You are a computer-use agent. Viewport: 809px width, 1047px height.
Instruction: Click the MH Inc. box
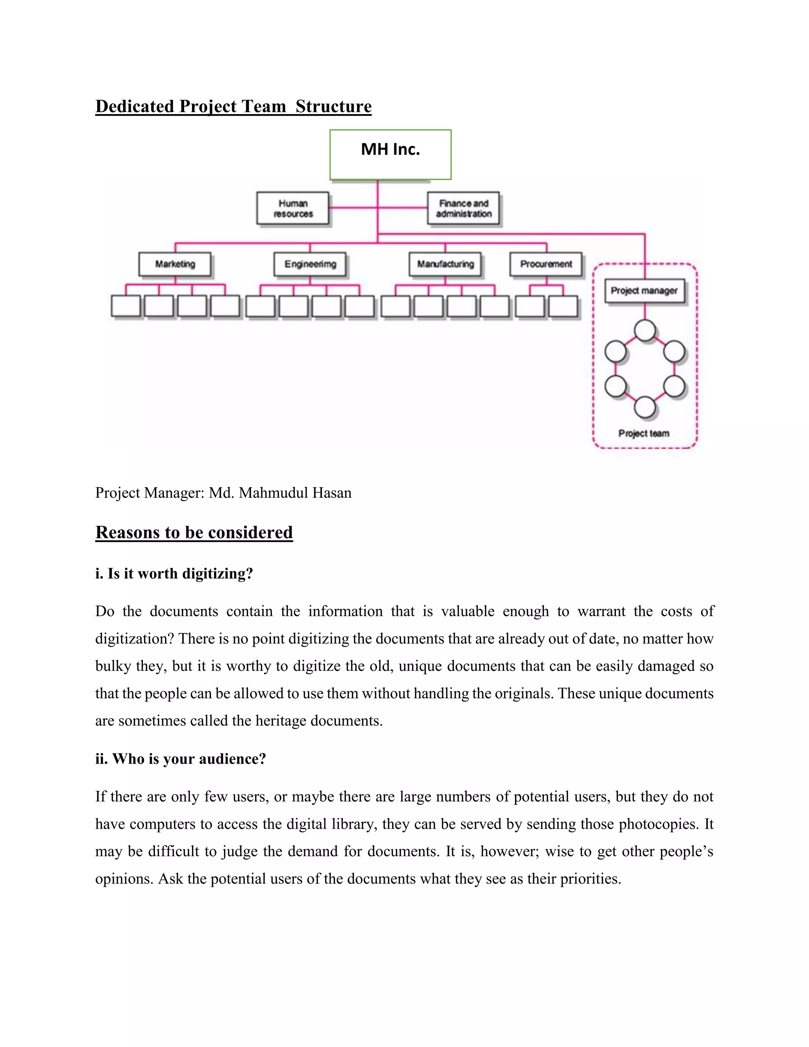point(390,154)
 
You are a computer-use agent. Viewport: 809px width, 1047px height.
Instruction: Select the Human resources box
point(293,209)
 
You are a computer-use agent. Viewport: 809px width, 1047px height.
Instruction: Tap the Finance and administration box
point(463,209)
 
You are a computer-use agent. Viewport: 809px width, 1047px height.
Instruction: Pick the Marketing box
point(175,264)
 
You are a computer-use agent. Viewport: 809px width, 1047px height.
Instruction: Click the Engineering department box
point(310,264)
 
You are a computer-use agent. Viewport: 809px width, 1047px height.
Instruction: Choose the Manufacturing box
point(445,264)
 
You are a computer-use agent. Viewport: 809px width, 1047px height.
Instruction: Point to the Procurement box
point(546,264)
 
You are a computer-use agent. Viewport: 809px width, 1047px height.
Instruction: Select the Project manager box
point(644,290)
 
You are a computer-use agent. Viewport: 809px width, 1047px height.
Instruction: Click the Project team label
point(643,433)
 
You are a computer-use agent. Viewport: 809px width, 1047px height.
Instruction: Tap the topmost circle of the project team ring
point(645,330)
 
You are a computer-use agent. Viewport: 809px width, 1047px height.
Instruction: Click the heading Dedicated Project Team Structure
point(233,106)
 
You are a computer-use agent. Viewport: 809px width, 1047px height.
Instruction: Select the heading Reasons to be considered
point(194,533)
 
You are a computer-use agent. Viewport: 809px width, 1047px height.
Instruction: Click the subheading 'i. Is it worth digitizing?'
point(174,573)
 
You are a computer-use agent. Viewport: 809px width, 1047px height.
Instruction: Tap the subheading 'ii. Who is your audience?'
point(180,759)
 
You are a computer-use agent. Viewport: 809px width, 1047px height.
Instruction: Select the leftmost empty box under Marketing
point(126,306)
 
